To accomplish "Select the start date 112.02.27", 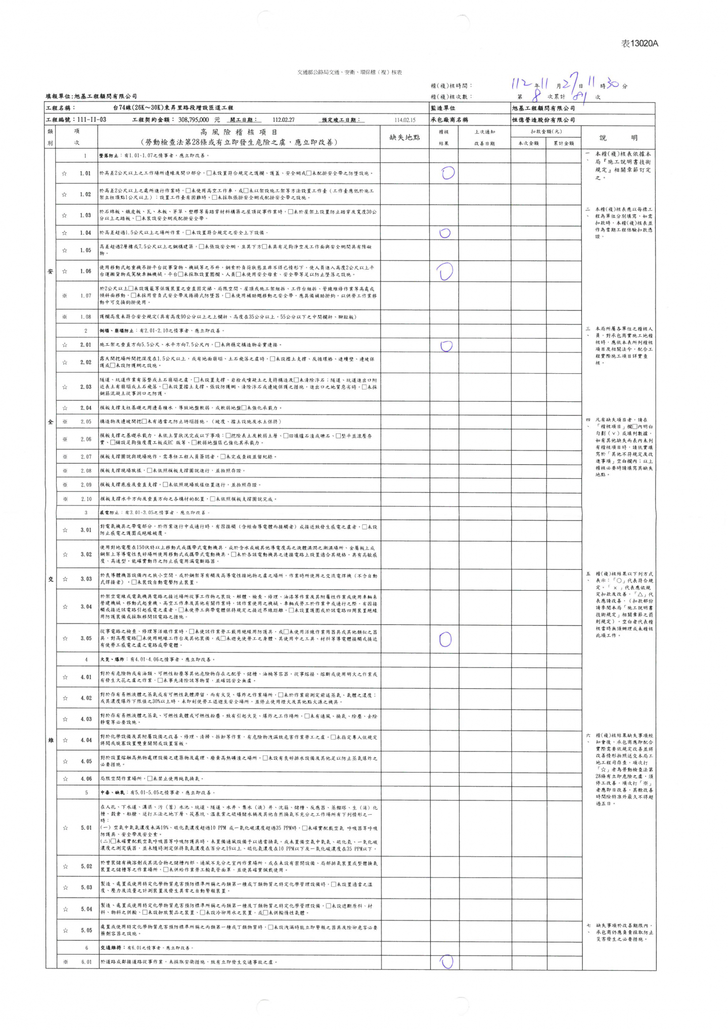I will point(283,120).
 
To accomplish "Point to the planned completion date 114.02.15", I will point(404,120).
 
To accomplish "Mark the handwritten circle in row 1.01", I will point(447,173).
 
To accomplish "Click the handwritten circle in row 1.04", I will point(445,233).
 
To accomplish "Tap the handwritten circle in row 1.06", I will point(445,272).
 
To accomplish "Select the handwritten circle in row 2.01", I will point(445,346).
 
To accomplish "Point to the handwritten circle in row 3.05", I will point(445,639).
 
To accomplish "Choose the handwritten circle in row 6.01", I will point(446,962).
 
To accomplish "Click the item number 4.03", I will point(86,719).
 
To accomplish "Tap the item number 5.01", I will point(86,828).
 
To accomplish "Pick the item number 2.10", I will point(86,499).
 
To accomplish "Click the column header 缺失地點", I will point(404,137).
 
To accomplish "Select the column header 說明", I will point(618,138).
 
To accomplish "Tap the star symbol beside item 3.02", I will point(65,554).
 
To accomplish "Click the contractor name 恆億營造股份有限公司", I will point(543,120).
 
